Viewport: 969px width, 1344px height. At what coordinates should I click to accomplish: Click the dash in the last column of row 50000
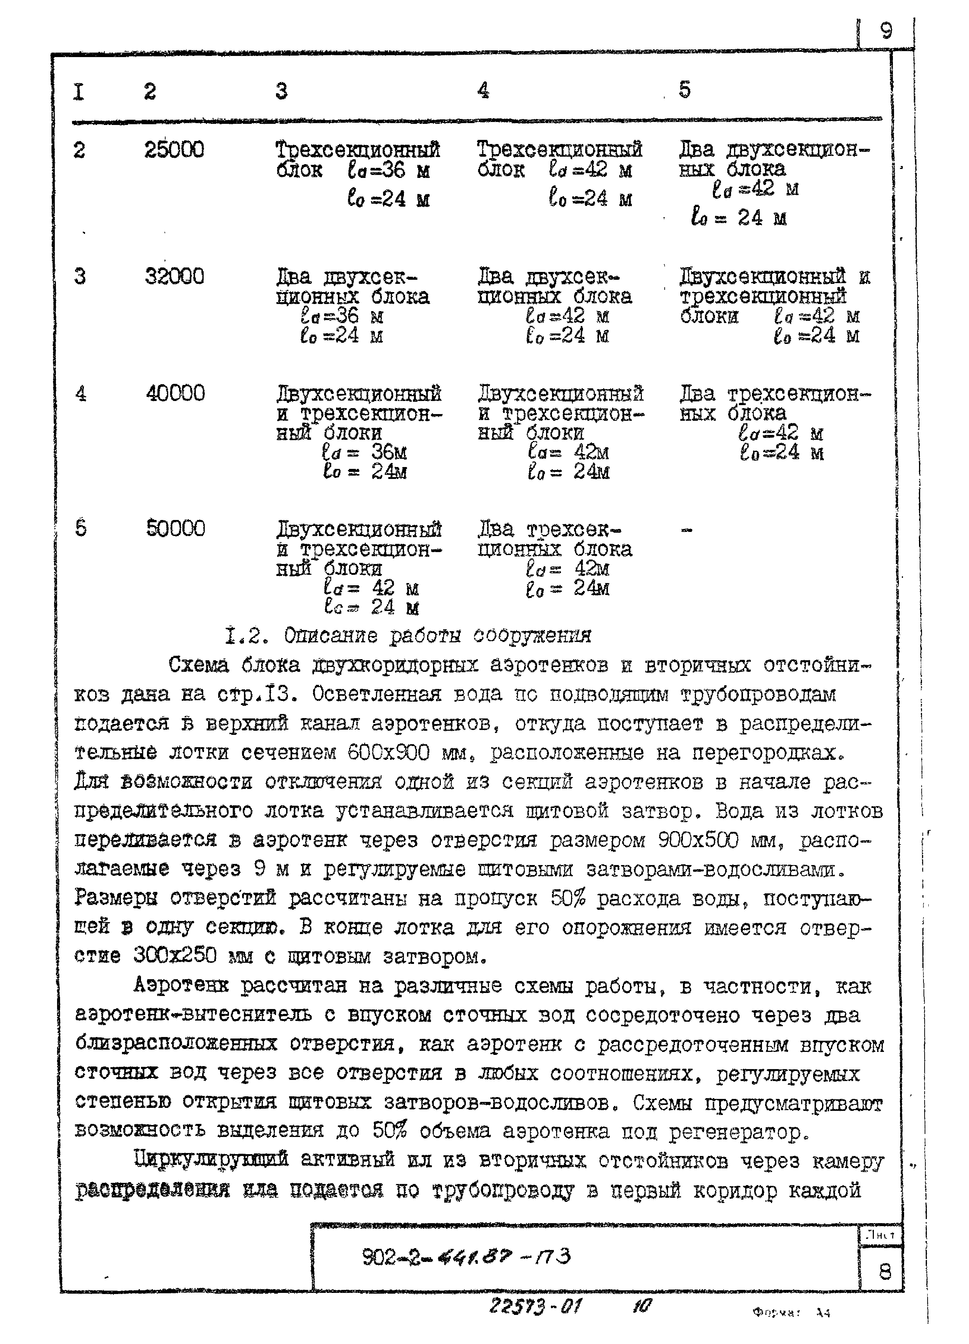point(686,531)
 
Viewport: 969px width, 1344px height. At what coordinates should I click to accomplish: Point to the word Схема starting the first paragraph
point(198,665)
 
